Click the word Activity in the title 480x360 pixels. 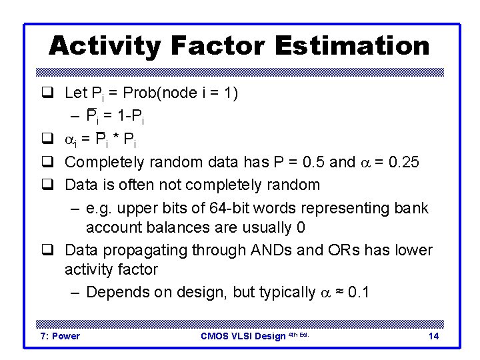[105, 46]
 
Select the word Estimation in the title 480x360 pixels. [353, 46]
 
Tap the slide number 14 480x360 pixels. [433, 336]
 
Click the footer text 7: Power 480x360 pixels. [60, 336]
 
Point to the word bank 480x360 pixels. [411, 208]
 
